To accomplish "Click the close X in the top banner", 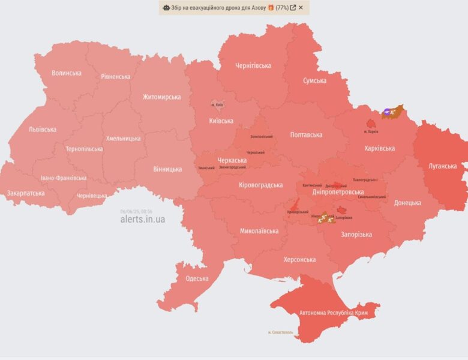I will pos(301,8).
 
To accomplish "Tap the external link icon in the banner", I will pos(292,8).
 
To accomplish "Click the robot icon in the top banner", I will pos(166,8).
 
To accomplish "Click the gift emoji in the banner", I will pos(271,8).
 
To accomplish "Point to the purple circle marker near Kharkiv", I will pos(388,112).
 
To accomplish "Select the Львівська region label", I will pos(43,130).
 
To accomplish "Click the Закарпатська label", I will pos(26,194).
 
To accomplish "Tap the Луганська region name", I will pos(442,166).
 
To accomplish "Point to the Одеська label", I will pos(197,278).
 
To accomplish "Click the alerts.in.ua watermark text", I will pos(142,220).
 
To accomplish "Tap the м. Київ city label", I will pos(217,105).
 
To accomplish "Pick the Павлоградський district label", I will pos(365,180).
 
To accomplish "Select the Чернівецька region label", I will pos(92,196).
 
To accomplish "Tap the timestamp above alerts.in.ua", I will pos(136,211).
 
